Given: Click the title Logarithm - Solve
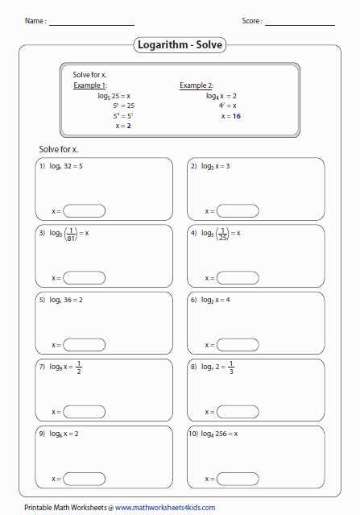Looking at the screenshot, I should click(x=179, y=46).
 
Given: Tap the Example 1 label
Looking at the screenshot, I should click(x=89, y=85).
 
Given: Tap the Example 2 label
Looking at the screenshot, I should click(x=196, y=85).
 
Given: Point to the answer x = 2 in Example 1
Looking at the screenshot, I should click(x=123, y=126).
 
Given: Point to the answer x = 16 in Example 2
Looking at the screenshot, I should click(x=231, y=116).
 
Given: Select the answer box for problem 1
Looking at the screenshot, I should click(x=84, y=211).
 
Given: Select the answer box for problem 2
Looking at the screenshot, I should click(x=238, y=211).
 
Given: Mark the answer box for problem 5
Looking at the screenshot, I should click(x=84, y=345).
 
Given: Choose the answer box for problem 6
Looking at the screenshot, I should click(x=238, y=345).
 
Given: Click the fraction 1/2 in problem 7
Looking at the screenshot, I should click(x=79, y=368).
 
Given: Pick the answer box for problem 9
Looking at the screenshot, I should click(x=84, y=479).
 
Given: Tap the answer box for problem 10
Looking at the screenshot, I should click(x=238, y=479).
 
